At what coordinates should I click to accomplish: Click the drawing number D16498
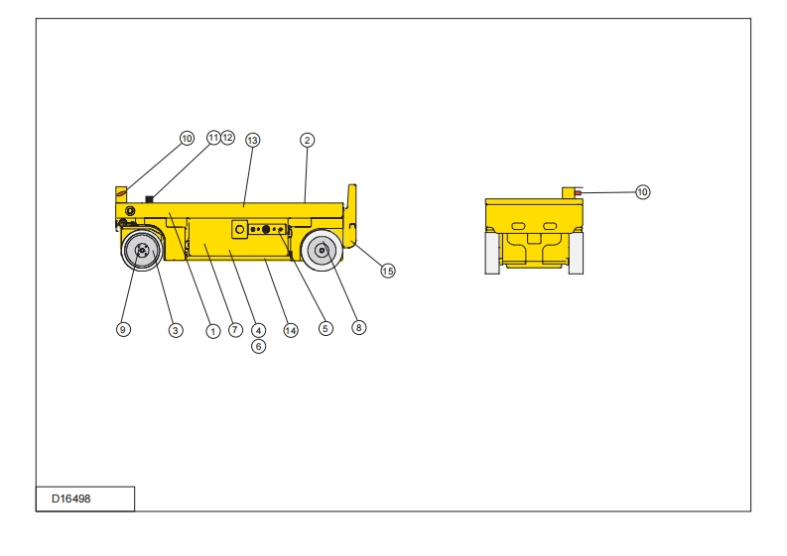click(70, 499)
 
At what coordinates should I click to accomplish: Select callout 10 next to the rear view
click(642, 191)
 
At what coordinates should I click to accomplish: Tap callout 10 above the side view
click(187, 139)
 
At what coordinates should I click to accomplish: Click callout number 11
click(213, 137)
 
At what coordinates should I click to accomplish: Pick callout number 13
click(252, 140)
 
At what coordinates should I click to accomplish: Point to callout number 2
click(308, 140)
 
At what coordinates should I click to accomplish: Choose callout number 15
click(388, 271)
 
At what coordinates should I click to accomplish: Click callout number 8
click(359, 326)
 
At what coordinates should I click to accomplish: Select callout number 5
click(326, 328)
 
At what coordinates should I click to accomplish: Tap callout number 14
click(291, 330)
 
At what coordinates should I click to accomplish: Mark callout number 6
click(258, 346)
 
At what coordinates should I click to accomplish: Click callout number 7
click(235, 330)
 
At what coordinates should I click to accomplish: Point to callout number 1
click(212, 331)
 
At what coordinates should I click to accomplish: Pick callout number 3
click(176, 330)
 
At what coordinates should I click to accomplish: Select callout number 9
click(123, 330)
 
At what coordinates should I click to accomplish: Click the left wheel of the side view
click(142, 251)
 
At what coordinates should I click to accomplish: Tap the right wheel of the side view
click(322, 251)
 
